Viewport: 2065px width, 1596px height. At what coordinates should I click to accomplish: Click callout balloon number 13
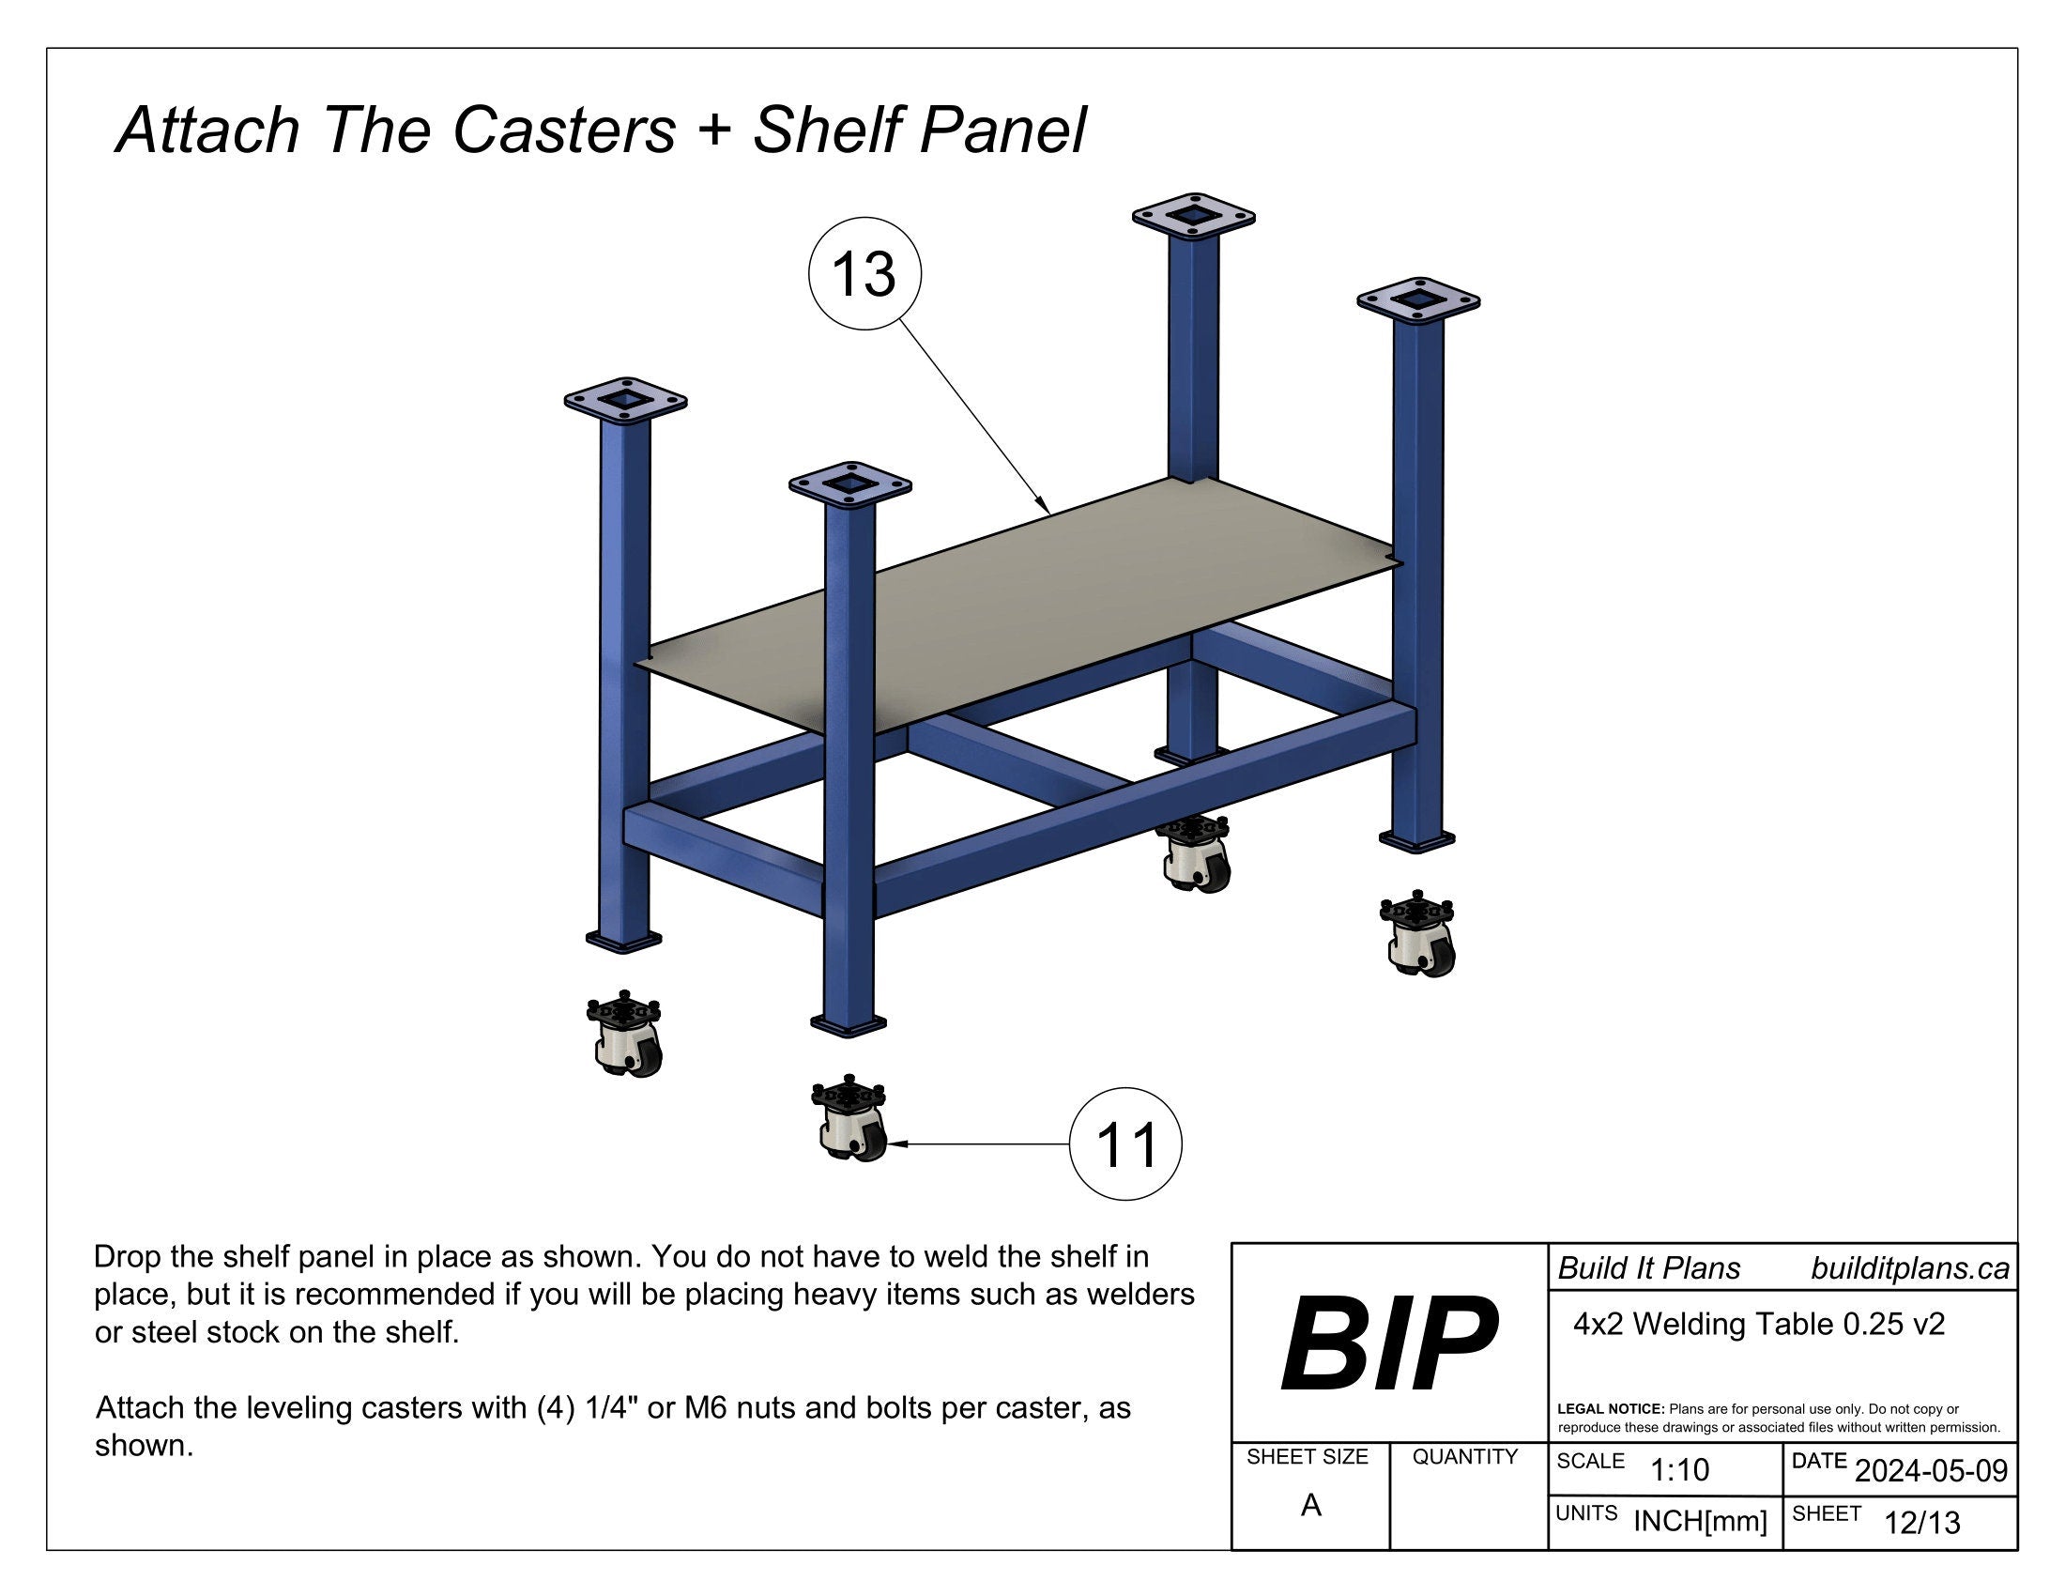[x=864, y=274]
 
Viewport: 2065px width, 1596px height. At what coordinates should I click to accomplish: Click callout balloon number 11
[x=1125, y=1144]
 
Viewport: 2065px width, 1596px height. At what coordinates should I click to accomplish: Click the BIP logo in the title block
[x=1388, y=1343]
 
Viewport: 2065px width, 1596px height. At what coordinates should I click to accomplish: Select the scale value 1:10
[x=1679, y=1470]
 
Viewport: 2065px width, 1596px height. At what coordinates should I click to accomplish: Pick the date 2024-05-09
[x=1931, y=1471]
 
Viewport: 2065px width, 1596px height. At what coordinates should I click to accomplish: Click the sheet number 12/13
[x=1921, y=1523]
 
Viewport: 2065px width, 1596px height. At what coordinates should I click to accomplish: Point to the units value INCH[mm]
[x=1699, y=1521]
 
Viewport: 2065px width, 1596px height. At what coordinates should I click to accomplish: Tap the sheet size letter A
[x=1310, y=1505]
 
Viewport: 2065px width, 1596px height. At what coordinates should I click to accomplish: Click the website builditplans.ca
[x=1909, y=1269]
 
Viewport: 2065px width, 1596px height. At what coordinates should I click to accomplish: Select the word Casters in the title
[x=564, y=130]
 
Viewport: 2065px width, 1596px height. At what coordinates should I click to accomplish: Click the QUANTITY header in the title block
[x=1464, y=1457]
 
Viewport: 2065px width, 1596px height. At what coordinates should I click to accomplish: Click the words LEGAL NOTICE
[x=1610, y=1409]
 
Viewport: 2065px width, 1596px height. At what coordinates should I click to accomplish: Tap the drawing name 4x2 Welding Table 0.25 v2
[x=1759, y=1325]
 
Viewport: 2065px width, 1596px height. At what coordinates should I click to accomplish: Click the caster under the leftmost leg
[x=624, y=1035]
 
